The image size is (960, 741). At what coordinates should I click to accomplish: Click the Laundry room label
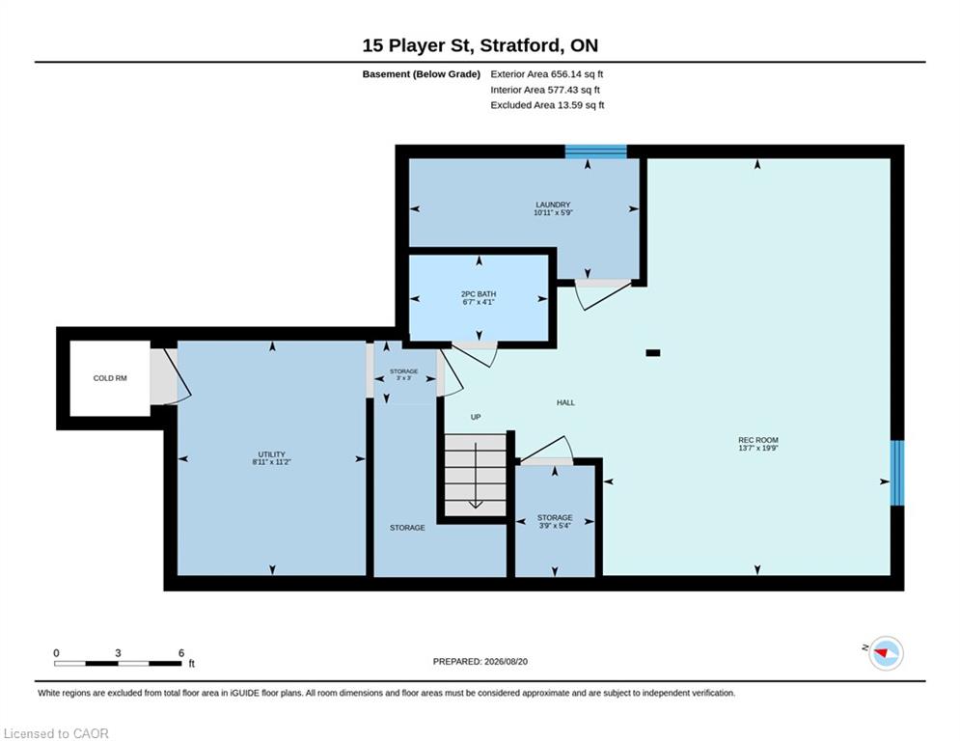(553, 208)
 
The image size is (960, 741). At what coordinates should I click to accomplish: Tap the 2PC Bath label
(479, 298)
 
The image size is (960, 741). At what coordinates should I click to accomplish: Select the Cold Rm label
(110, 378)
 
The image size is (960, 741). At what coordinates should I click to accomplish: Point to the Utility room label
(272, 458)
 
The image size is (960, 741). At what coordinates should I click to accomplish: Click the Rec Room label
(758, 444)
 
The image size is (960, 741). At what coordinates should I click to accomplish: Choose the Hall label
(565, 403)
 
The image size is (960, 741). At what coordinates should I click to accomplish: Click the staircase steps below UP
(475, 475)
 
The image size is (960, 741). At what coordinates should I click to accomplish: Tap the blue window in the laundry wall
(595, 151)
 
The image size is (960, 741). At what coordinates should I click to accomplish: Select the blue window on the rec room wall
(897, 473)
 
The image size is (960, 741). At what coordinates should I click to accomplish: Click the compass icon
(886, 653)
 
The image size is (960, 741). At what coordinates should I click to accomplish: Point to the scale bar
(118, 663)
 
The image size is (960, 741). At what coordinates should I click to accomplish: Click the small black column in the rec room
(653, 353)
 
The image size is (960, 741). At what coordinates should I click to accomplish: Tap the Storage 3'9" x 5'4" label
(555, 522)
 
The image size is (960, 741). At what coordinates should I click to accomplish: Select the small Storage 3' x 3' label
(404, 374)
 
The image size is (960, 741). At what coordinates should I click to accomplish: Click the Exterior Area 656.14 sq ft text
(547, 74)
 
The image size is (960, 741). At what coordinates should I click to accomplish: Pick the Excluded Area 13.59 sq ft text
(547, 105)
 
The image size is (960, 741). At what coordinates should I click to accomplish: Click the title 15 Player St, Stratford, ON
(480, 45)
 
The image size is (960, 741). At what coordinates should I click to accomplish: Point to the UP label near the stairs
(476, 417)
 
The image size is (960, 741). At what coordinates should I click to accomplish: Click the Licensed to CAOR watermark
(56, 733)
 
